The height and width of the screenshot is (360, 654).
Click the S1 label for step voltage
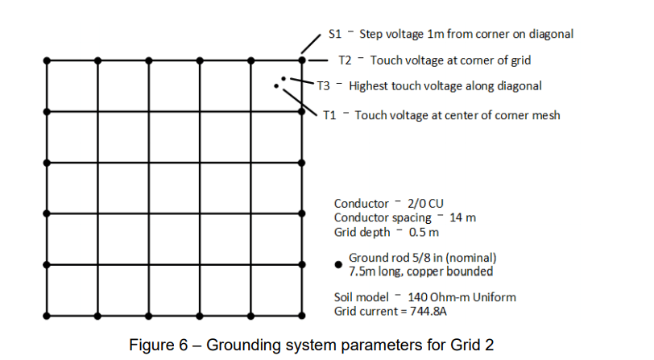coord(336,35)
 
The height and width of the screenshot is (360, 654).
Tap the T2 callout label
coord(345,60)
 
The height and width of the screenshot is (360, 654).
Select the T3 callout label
coord(323,85)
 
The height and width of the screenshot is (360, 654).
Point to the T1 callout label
coord(329,115)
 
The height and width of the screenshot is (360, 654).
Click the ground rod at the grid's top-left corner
coord(48,60)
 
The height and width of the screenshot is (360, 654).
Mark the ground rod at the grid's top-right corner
coord(302,60)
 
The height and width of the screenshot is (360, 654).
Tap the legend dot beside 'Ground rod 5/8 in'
coord(338,263)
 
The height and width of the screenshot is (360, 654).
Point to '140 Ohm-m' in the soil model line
coord(433,297)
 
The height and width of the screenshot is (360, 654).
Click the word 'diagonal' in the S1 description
coord(552,35)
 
